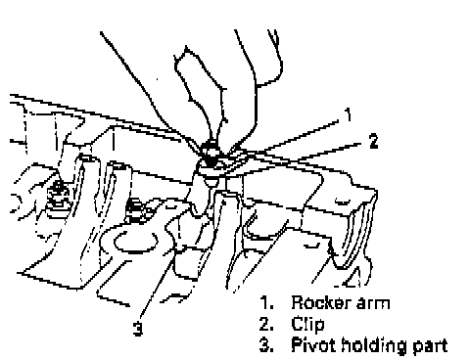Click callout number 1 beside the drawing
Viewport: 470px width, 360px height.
tap(349, 114)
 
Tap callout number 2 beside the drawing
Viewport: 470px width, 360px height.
tap(373, 141)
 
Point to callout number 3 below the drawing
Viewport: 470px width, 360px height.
tap(138, 329)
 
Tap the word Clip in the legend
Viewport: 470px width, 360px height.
tap(307, 324)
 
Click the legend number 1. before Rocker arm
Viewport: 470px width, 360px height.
tap(266, 302)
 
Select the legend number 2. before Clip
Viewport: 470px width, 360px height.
tap(266, 324)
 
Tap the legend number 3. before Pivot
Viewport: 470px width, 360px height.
tap(266, 345)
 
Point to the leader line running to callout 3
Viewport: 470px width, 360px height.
tap(182, 259)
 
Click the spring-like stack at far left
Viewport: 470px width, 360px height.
tap(58, 200)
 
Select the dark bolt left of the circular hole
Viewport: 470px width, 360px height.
tap(135, 210)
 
